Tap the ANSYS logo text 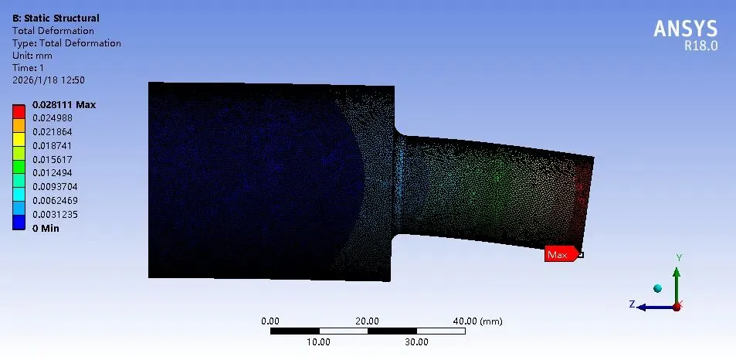tap(685, 29)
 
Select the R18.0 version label tap(700, 46)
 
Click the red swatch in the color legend tap(19, 111)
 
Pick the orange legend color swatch tap(19, 125)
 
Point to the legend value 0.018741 tap(52, 145)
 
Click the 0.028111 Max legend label tap(64, 104)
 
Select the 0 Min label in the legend tap(46, 229)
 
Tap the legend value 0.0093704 tap(55, 187)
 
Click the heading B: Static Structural tap(56, 19)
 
